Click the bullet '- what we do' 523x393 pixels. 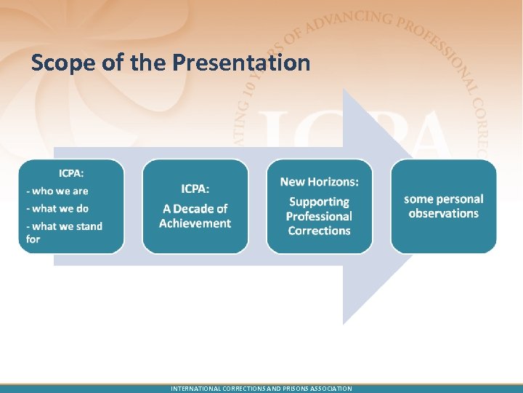point(57,208)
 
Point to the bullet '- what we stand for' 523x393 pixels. point(64,232)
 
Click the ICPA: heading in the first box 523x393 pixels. point(71,173)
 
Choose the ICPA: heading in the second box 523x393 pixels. point(195,188)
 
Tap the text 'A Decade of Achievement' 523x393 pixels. point(195,216)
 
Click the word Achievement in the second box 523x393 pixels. point(195,223)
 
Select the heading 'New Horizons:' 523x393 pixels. point(319,181)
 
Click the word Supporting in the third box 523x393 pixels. point(319,202)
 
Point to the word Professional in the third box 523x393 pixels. point(319,216)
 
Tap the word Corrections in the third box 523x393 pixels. point(319,231)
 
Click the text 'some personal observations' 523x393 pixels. point(443,206)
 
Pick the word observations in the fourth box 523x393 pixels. point(443,213)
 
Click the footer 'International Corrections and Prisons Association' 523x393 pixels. point(261,389)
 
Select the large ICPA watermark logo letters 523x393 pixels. point(363,135)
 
